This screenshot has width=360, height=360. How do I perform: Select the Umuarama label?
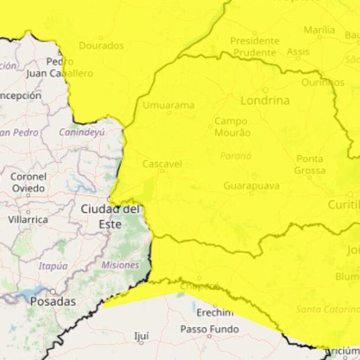pos(168,106)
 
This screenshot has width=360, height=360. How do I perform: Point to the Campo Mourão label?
pos(231,127)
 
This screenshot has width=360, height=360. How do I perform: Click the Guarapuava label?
pos(252,186)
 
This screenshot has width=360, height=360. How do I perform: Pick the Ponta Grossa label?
pos(310,165)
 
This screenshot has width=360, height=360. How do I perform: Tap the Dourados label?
pos(101,45)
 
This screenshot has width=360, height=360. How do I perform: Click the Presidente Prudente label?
pos(254,47)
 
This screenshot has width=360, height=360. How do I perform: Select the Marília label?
pos(319,30)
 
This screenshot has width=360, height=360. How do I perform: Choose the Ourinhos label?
pos(323,82)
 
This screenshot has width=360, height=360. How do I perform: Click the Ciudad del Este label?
pos(110,216)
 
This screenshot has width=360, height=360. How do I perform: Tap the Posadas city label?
pos(52,301)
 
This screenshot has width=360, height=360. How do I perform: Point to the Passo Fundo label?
pos(209,329)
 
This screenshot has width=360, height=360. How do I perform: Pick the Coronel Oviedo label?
pos(28,182)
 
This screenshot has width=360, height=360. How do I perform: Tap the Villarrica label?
pos(28,219)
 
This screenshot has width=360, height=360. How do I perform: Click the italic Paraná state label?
pos(236,156)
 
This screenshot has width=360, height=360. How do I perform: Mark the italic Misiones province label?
pos(120,265)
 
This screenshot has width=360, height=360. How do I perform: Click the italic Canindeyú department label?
pos(81,132)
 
